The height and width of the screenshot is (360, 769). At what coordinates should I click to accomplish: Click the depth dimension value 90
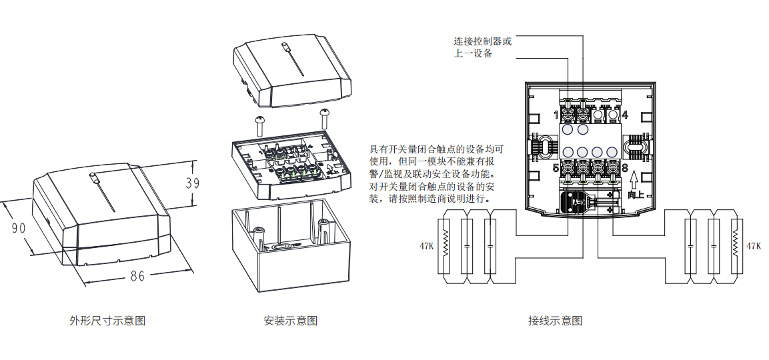point(19,227)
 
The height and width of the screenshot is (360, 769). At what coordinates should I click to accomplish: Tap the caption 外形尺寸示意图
point(107,321)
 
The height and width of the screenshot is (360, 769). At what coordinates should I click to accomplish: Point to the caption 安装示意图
point(291,321)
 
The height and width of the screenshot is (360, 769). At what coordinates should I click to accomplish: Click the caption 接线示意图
point(555,321)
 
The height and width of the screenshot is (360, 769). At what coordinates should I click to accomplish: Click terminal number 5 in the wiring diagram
point(556,168)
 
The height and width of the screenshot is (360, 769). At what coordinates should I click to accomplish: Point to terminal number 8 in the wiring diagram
point(625,168)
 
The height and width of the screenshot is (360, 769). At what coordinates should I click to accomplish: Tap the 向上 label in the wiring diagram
point(636,195)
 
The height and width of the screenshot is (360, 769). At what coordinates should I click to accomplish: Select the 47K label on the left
point(426,246)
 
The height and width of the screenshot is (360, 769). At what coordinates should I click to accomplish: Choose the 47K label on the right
point(753,246)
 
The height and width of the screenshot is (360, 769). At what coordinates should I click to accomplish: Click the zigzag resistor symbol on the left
point(447,245)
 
